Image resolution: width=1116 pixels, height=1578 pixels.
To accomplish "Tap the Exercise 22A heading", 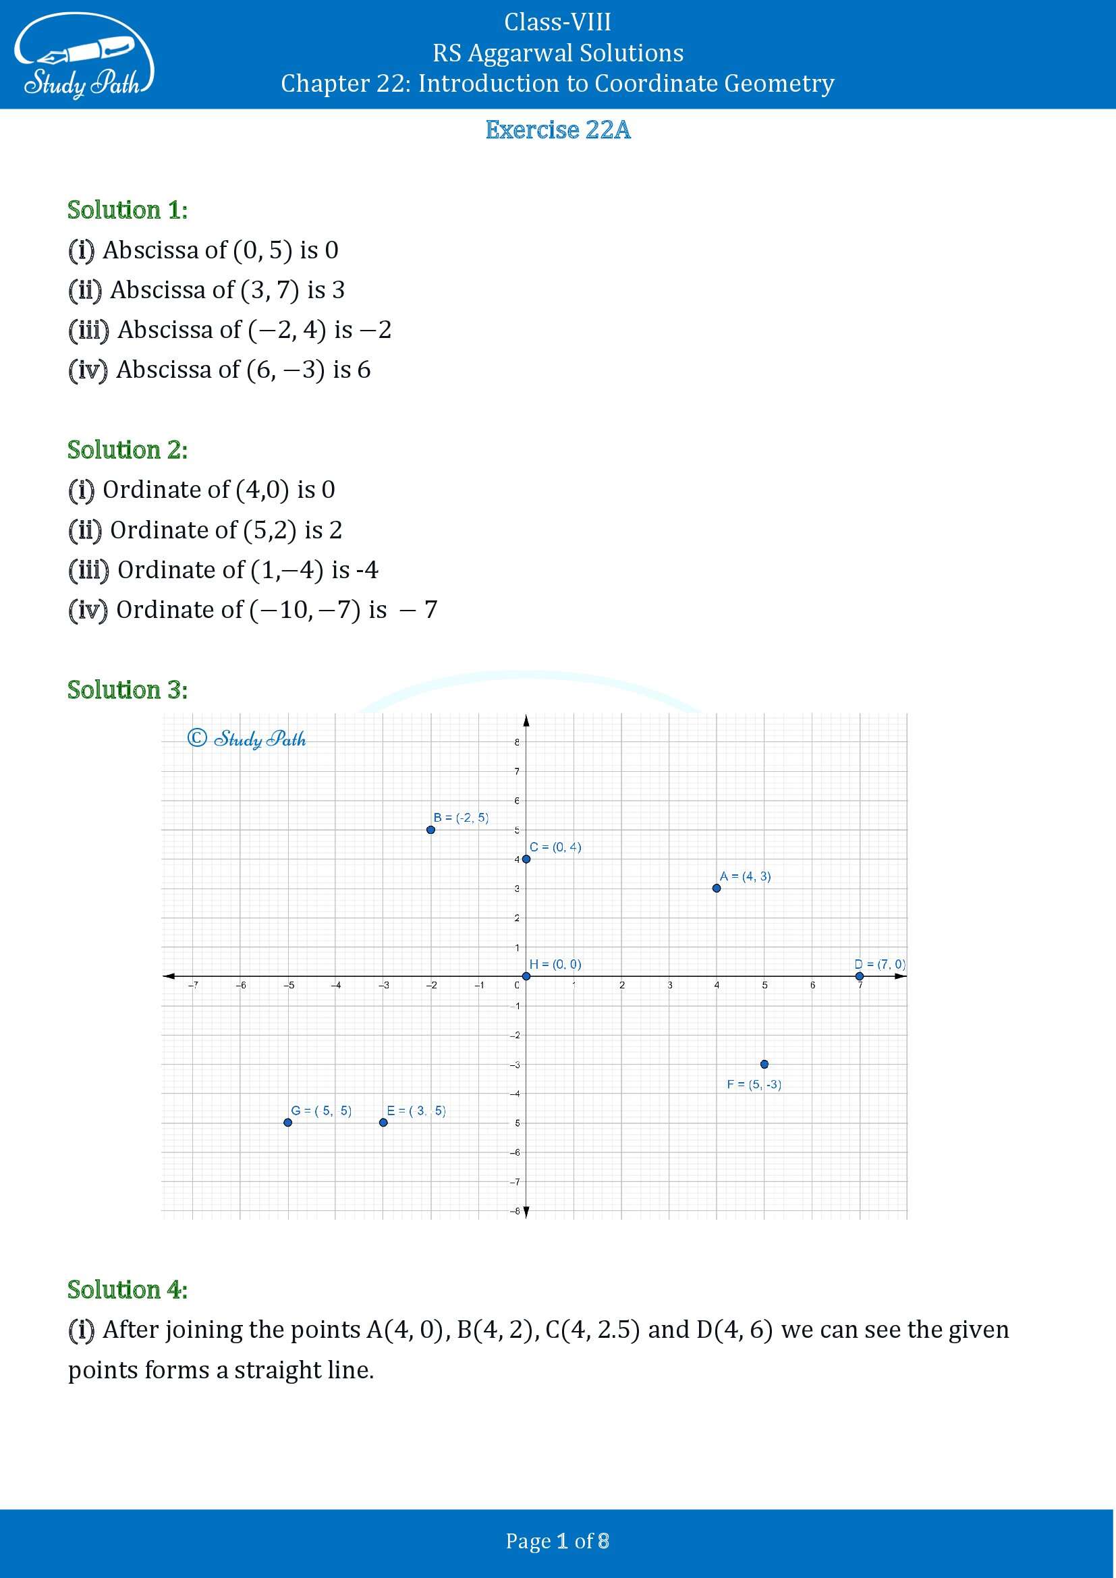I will [x=557, y=130].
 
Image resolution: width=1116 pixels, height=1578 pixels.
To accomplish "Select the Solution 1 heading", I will [x=127, y=210].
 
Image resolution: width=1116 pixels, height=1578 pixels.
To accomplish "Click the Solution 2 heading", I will [x=127, y=449].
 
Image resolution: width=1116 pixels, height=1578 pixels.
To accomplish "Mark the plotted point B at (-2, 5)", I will [x=431, y=830].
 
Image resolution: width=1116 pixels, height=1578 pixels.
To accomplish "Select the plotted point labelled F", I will [x=764, y=1064].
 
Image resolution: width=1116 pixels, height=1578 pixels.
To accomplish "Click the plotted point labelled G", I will [x=288, y=1123].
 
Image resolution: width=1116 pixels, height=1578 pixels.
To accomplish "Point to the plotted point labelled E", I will [x=383, y=1123].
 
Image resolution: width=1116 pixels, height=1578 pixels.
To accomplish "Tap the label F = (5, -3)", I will [x=754, y=1085].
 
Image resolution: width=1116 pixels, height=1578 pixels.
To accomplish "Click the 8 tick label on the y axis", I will [x=517, y=742].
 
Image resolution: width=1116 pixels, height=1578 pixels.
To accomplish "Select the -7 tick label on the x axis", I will [x=194, y=985].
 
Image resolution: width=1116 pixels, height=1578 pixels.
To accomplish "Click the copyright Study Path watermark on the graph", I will [x=247, y=739].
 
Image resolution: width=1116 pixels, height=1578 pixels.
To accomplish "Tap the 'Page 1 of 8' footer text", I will [x=557, y=1541].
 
